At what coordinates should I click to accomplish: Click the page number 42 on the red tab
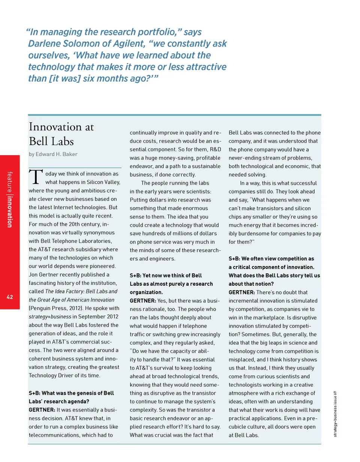click(x=10, y=297)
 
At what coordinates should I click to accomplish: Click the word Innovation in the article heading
click(x=57, y=127)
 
